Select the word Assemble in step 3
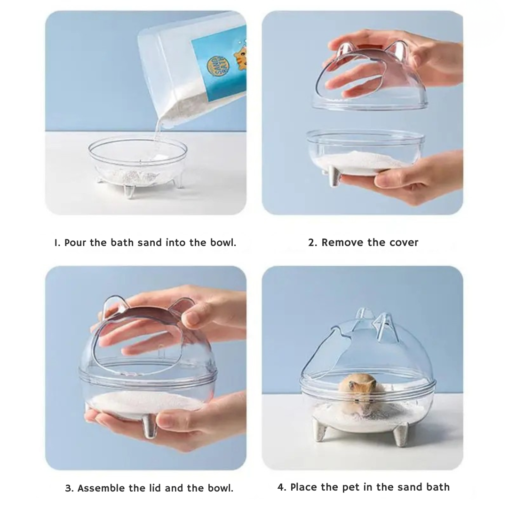99,488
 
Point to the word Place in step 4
304,487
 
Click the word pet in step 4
349,487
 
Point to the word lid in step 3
155,488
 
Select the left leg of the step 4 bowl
320,433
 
